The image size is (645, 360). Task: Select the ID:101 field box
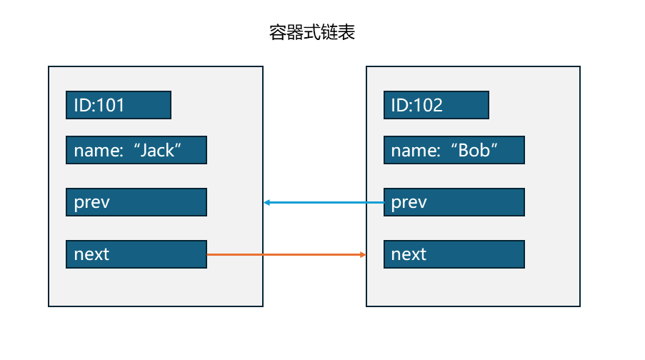tap(119, 105)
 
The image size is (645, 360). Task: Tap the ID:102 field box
tap(436, 105)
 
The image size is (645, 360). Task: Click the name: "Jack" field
tap(136, 150)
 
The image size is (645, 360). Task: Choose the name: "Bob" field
tap(454, 150)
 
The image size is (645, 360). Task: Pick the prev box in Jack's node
tap(136, 202)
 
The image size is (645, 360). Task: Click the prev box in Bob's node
tap(454, 202)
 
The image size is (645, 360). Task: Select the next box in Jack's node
tap(136, 254)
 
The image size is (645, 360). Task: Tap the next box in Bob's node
tap(454, 254)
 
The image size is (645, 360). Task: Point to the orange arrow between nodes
tap(286, 254)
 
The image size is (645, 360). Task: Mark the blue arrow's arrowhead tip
tap(265, 203)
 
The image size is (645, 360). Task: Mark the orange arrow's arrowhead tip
tap(365, 254)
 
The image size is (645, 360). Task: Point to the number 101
tap(110, 106)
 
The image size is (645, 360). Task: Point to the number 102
tap(428, 106)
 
